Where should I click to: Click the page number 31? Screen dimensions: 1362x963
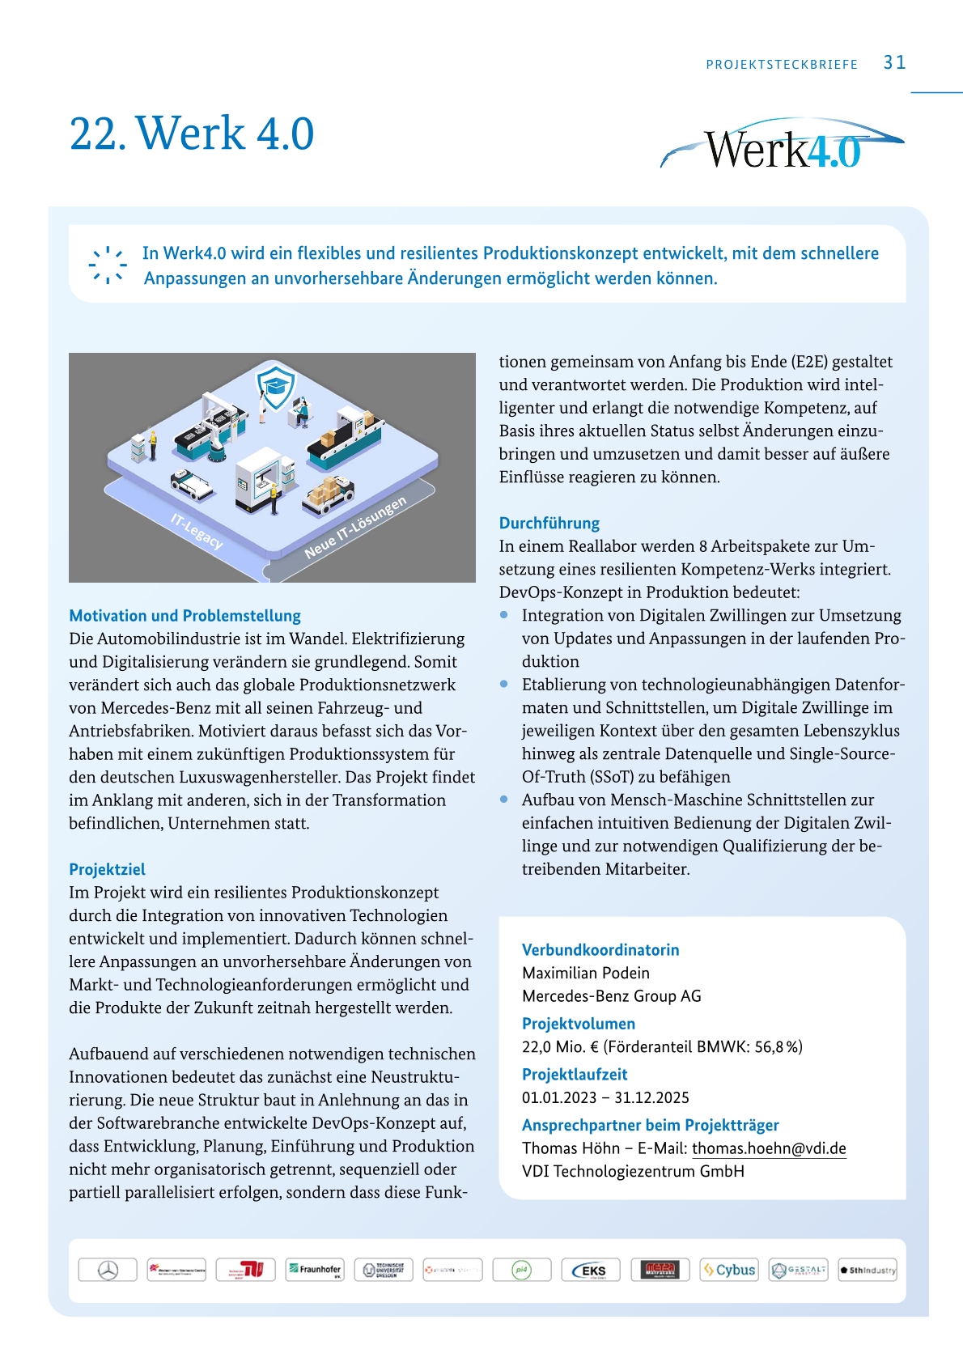(894, 63)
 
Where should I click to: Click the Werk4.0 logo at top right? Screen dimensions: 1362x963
(782, 146)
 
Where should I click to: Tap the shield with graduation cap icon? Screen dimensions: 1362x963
(276, 385)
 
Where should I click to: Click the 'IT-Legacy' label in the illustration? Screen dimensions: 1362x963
(197, 530)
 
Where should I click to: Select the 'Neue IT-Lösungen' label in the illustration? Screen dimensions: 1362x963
(355, 528)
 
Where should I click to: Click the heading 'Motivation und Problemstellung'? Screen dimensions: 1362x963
(185, 616)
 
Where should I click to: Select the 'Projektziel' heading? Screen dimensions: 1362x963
(107, 869)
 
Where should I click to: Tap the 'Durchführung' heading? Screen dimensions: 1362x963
(549, 523)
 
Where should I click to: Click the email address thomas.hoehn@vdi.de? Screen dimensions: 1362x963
(768, 1148)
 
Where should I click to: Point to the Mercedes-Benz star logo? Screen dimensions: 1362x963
(108, 1270)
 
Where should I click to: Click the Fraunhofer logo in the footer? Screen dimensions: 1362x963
(315, 1270)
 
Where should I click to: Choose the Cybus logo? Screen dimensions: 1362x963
(729, 1270)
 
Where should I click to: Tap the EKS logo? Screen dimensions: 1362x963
(591, 1270)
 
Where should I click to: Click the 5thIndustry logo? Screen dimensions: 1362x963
(868, 1270)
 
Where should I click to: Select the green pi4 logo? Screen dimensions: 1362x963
(521, 1270)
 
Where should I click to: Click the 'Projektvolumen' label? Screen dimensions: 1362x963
(578, 1024)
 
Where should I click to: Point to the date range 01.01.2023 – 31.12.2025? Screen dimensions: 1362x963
(605, 1098)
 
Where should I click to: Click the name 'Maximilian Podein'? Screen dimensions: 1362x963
(585, 973)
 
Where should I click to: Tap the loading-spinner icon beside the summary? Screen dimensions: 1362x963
(108, 265)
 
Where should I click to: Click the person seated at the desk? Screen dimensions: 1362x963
(301, 413)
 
